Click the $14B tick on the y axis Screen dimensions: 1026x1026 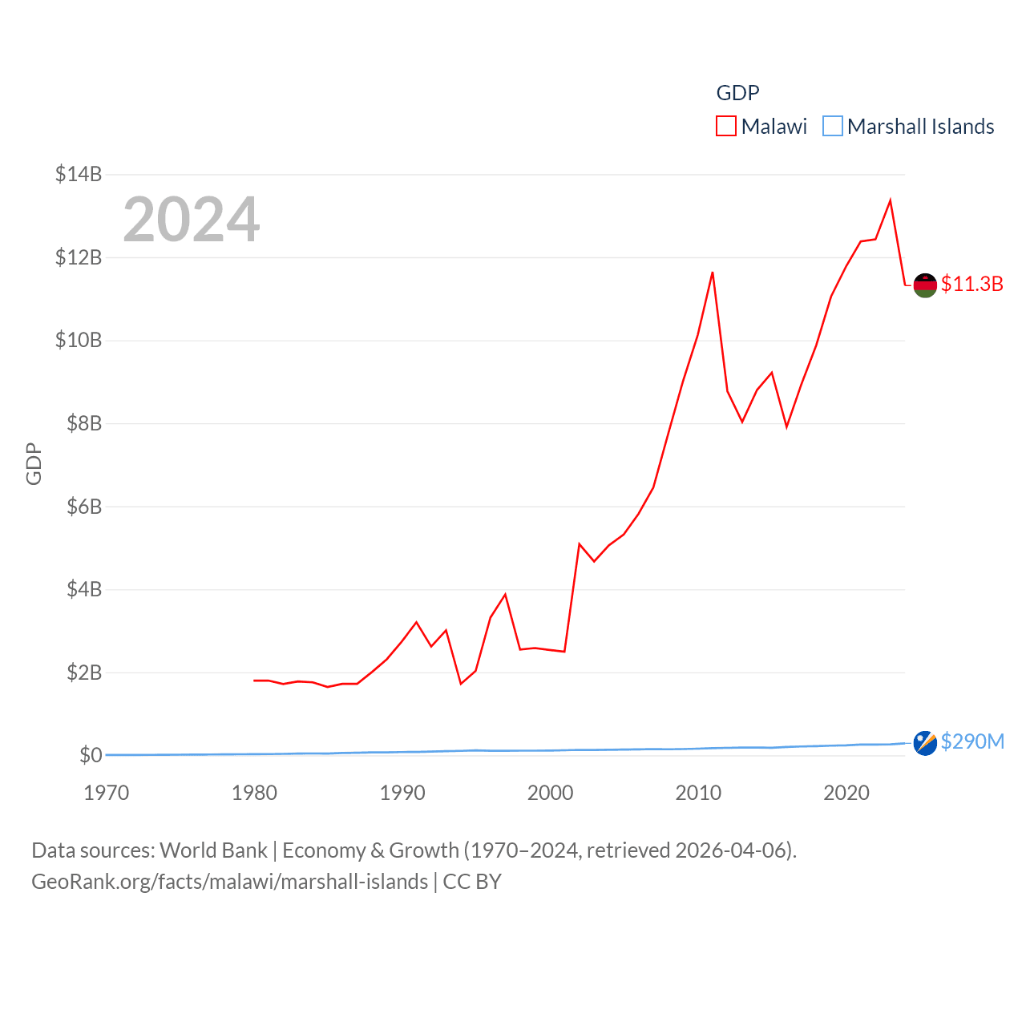pyautogui.click(x=78, y=174)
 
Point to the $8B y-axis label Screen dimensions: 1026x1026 pyautogui.click(x=83, y=423)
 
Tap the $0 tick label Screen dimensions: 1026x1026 pyautogui.click(x=91, y=755)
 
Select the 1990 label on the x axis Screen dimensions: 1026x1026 pyautogui.click(x=402, y=793)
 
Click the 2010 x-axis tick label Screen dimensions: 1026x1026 pyautogui.click(x=698, y=793)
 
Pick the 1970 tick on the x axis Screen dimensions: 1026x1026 pyautogui.click(x=107, y=793)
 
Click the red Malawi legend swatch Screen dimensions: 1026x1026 pyautogui.click(x=726, y=127)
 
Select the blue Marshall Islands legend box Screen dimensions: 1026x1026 pyautogui.click(x=833, y=127)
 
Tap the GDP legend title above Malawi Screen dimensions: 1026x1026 pyautogui.click(x=737, y=93)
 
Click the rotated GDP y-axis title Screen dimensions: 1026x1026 pyautogui.click(x=34, y=463)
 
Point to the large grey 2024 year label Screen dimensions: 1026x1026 pyautogui.click(x=191, y=219)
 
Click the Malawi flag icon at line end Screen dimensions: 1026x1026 pyautogui.click(x=925, y=285)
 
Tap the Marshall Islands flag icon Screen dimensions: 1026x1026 pyautogui.click(x=925, y=743)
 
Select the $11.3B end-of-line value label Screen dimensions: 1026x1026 pyautogui.click(x=971, y=285)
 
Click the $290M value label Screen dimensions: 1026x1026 pyautogui.click(x=972, y=741)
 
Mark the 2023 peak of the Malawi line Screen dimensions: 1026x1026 pyautogui.click(x=891, y=200)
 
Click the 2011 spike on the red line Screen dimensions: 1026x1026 pyautogui.click(x=713, y=273)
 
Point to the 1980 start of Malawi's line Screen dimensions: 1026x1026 pyautogui.click(x=254, y=681)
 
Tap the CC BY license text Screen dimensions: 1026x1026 pyautogui.click(x=472, y=882)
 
